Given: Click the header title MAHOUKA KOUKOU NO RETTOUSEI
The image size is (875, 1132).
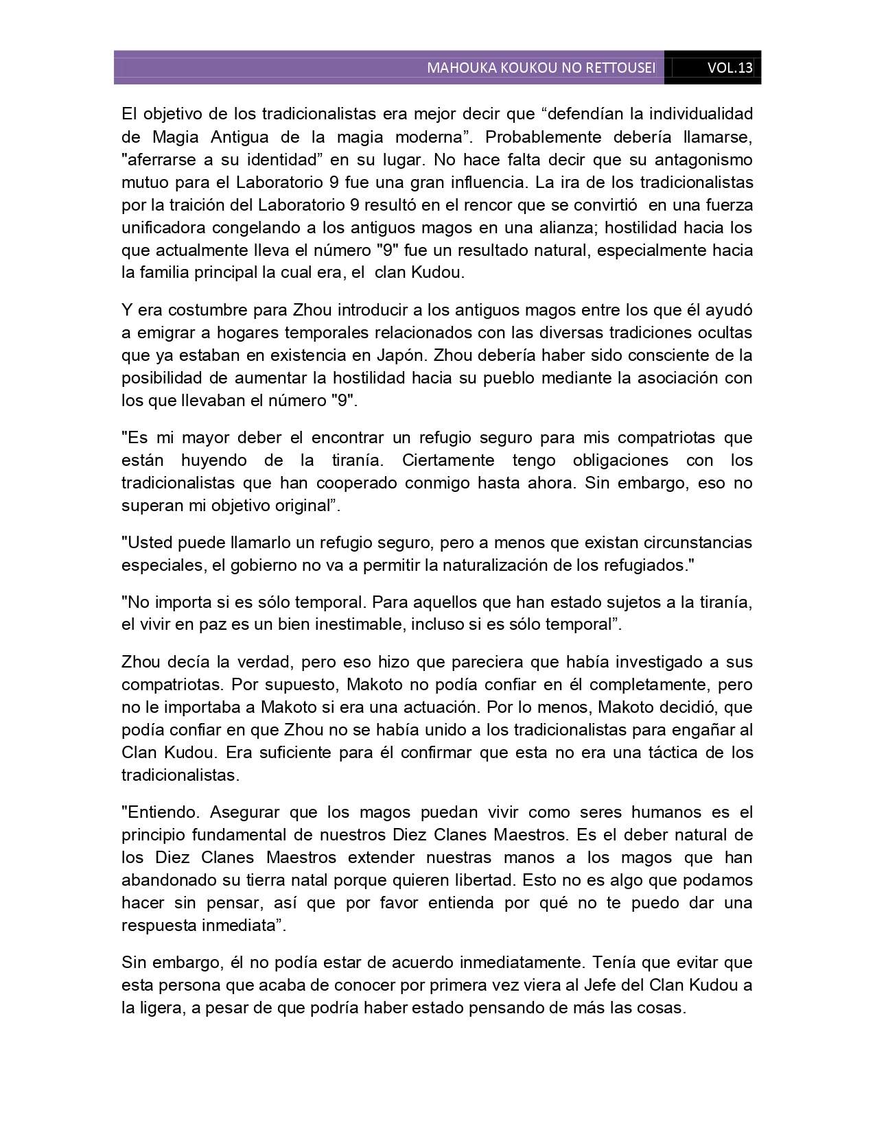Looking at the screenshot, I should click(541, 68).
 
